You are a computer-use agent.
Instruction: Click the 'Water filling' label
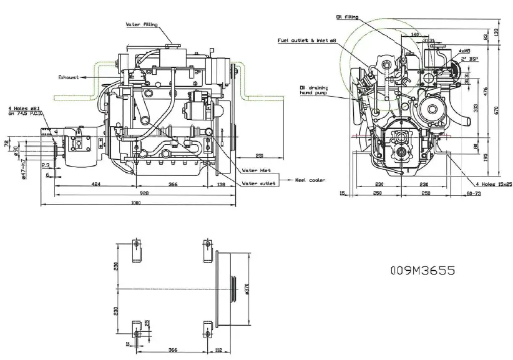pos(142,24)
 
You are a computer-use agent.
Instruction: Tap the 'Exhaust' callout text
pos(69,77)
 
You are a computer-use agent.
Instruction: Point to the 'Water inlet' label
pos(256,170)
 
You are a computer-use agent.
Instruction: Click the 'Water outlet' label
pos(258,183)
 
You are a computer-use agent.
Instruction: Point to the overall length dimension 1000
pos(136,205)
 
